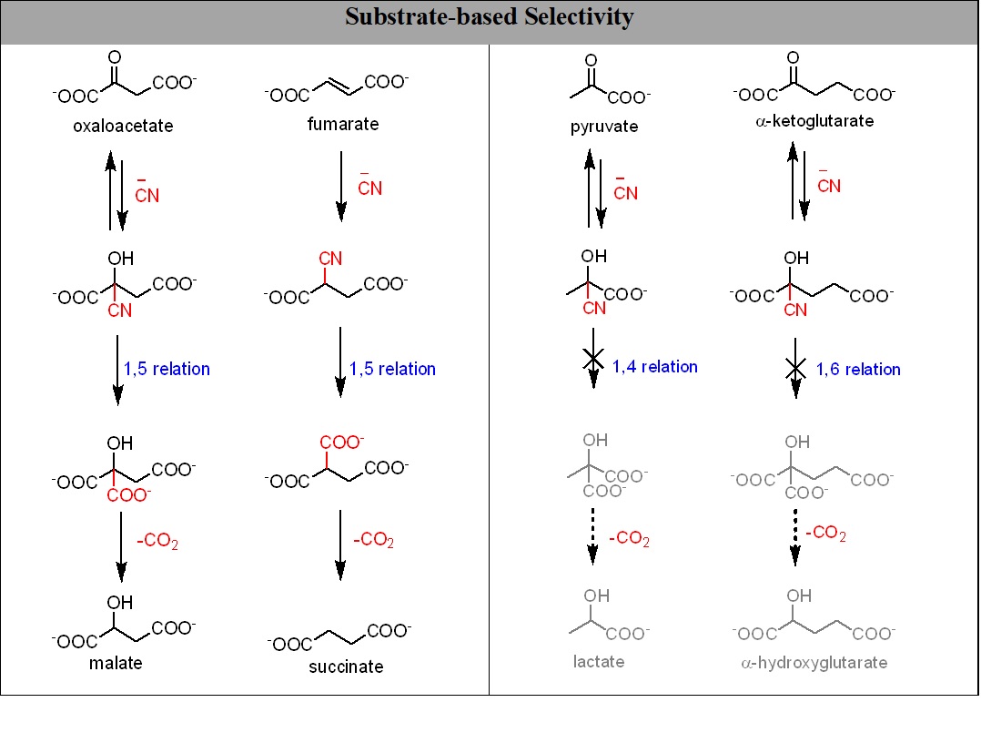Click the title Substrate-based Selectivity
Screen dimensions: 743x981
click(490, 17)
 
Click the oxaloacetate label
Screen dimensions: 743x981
click(123, 126)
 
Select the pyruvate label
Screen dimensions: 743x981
click(605, 127)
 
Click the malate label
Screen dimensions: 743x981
click(116, 662)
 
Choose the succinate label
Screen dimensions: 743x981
click(346, 667)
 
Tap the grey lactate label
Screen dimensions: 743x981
click(599, 661)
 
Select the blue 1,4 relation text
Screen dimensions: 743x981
click(654, 367)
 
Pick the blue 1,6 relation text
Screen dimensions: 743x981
click(857, 369)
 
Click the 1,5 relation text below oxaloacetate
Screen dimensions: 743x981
click(167, 369)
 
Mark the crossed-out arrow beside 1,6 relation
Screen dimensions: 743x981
click(795, 369)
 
